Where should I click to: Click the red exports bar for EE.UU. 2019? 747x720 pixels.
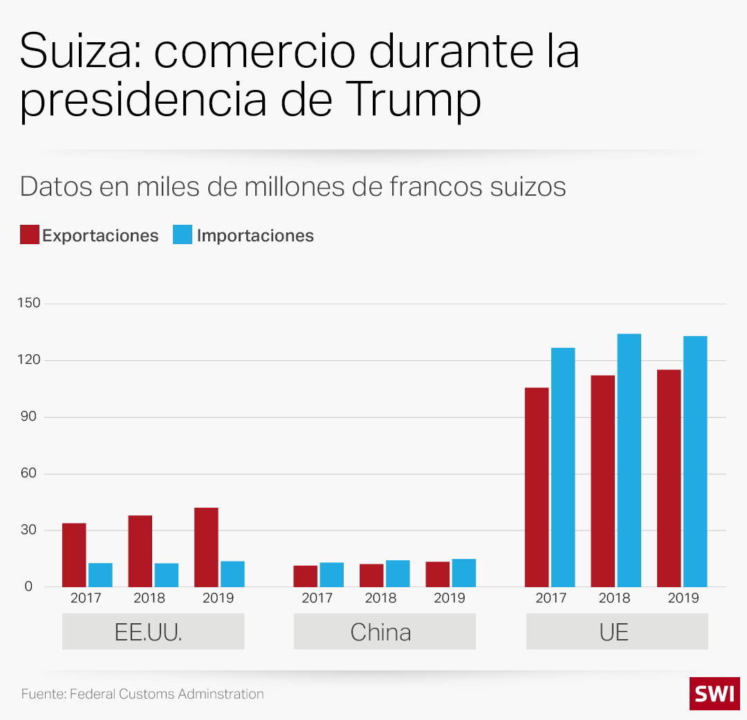[206, 547]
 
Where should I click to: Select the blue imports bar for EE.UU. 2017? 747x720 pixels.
[100, 575]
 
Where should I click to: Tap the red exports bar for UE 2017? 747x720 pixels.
[537, 487]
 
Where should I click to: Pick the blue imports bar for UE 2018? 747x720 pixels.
[629, 460]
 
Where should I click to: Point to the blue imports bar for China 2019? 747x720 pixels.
[463, 573]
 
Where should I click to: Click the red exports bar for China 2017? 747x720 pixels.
[305, 576]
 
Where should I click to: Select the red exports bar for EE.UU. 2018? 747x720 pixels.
[140, 551]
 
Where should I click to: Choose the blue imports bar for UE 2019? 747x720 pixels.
[695, 461]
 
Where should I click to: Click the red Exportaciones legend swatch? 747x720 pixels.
[29, 235]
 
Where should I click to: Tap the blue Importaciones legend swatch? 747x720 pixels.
[183, 235]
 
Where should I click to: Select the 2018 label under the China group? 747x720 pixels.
[380, 598]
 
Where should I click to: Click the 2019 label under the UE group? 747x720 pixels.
[683, 598]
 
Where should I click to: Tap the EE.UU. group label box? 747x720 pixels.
[153, 631]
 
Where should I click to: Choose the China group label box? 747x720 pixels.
[384, 631]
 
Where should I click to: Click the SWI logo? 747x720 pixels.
[714, 694]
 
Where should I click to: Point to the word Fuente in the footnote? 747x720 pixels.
[43, 694]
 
